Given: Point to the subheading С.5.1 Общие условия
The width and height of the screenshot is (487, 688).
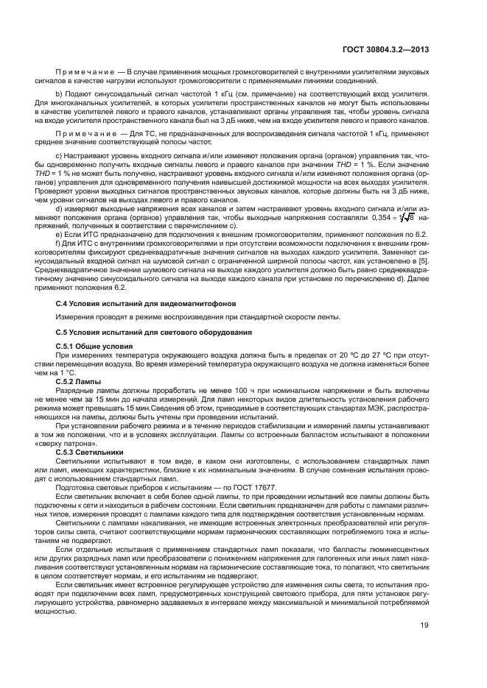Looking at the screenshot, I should (94, 346).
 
